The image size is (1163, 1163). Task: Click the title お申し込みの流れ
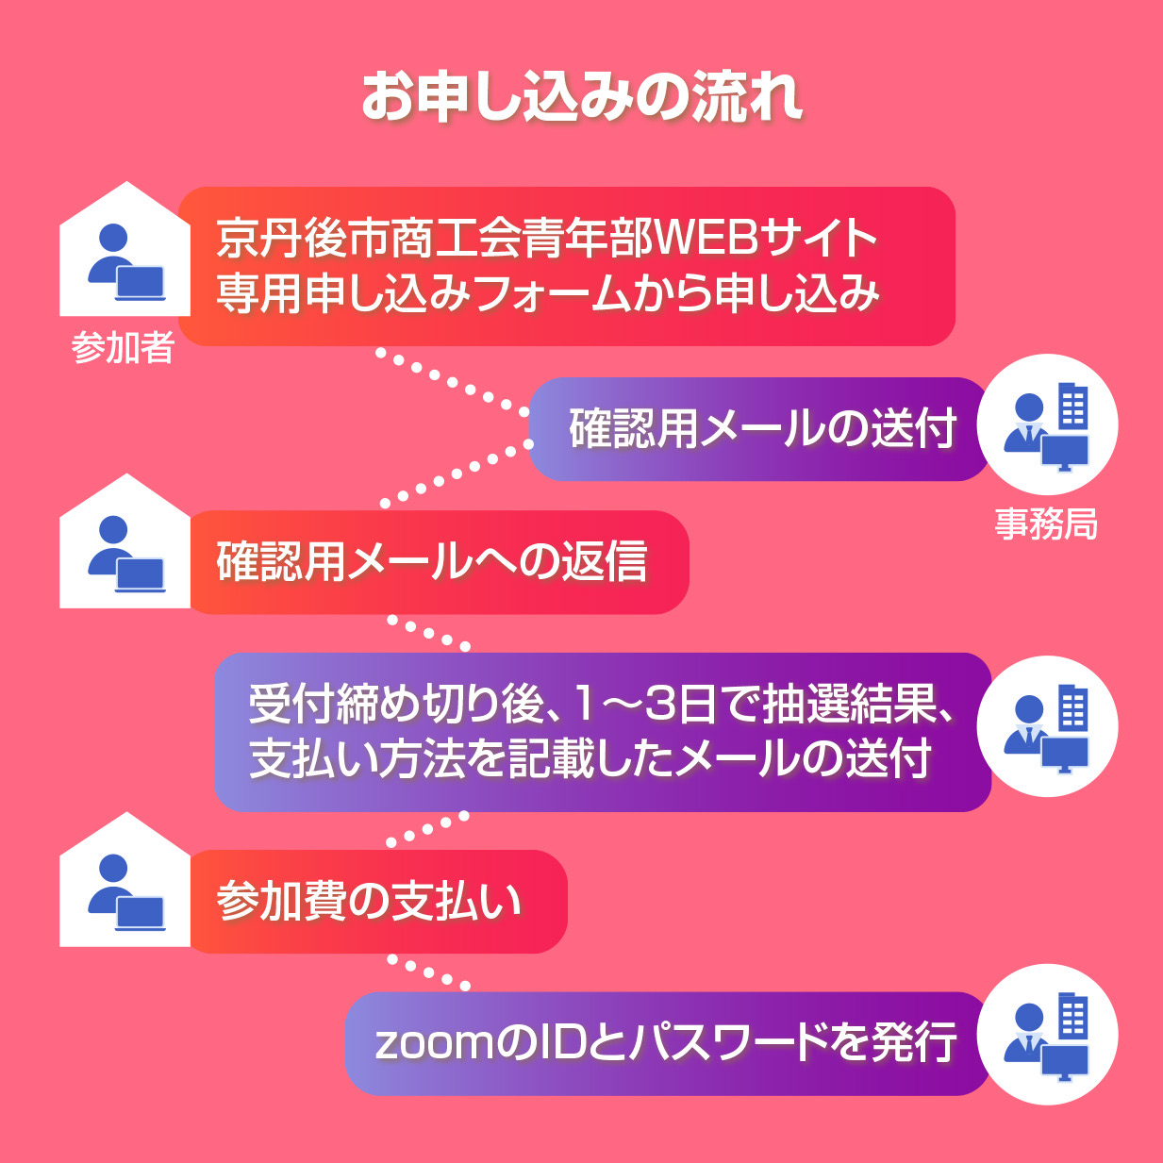pos(582,96)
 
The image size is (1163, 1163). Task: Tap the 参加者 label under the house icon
pos(124,348)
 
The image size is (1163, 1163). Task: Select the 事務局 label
pos(1046,523)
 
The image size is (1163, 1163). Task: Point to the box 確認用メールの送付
pos(758,429)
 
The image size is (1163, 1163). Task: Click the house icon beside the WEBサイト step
pos(125,249)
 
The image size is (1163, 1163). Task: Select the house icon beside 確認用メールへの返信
pos(125,540)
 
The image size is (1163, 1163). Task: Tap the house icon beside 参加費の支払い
pos(125,879)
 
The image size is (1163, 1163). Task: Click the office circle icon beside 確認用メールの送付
pos(1047,424)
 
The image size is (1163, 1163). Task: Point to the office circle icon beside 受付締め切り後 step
pos(1047,726)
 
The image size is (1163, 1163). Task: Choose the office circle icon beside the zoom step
pos(1047,1035)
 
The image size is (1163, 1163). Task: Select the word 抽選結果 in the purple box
pos(851,705)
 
